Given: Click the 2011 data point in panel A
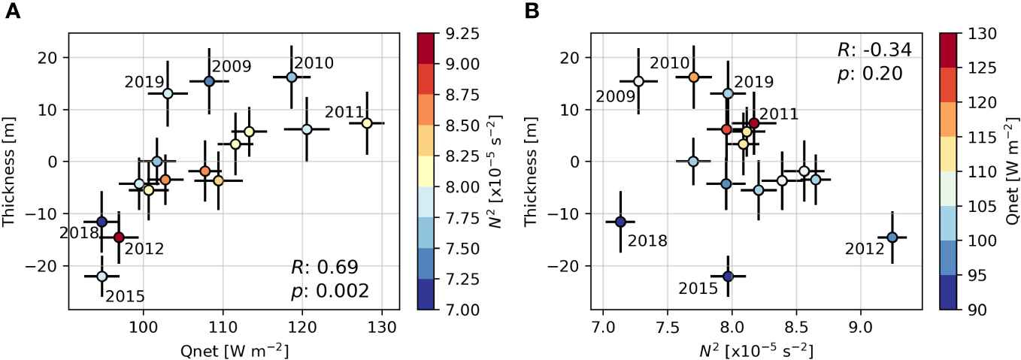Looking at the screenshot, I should click(366, 123).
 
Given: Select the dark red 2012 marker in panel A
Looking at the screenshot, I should click(119, 237).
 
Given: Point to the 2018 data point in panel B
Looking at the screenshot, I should click(620, 222).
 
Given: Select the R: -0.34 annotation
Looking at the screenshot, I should click(874, 50).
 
